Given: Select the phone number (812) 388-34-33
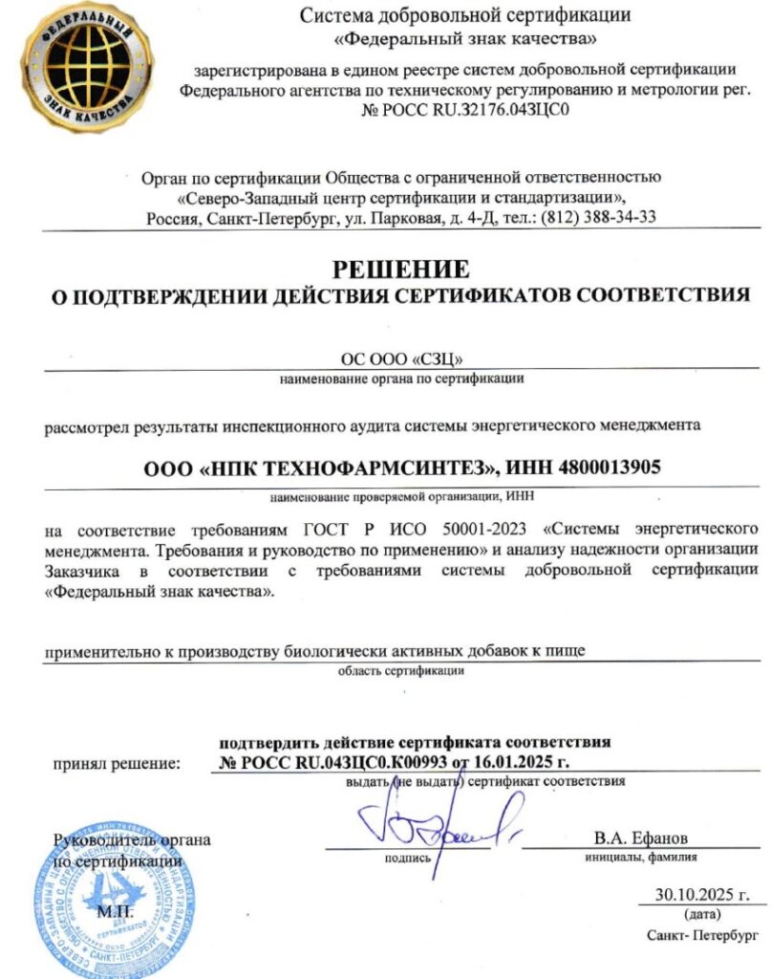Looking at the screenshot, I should coord(599,217).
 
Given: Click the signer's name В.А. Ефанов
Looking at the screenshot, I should coord(640,838).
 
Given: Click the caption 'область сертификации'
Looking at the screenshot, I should coord(401,670).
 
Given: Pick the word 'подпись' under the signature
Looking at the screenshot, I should coord(408,858).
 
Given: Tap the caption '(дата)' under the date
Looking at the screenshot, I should coord(701,914).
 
